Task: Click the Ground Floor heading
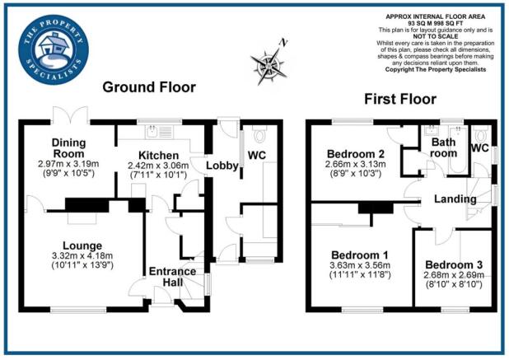click(148, 86)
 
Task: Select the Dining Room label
click(69, 147)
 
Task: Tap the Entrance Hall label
click(172, 277)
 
